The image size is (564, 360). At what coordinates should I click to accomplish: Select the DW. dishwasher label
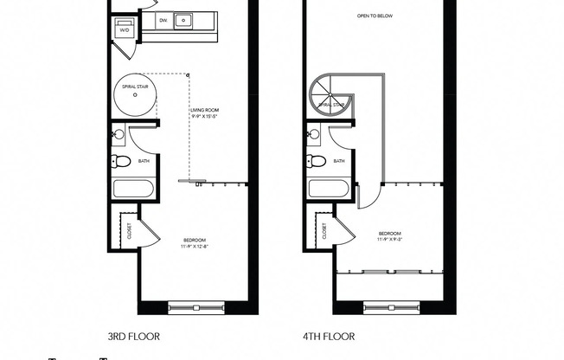163,19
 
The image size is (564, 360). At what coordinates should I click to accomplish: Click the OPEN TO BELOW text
374,16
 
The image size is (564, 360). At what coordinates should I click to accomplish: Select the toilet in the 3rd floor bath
123,161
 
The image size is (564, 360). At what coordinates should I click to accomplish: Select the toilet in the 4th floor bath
317,161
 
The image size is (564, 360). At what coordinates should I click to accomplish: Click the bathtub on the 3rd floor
134,189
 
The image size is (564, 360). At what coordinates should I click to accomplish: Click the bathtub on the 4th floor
329,189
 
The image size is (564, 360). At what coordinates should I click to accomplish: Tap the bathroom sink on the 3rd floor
119,134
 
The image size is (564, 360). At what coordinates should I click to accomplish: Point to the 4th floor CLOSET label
324,230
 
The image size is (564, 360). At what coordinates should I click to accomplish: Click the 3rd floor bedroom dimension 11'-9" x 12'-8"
195,247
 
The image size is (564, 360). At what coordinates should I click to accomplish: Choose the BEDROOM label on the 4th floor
390,234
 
